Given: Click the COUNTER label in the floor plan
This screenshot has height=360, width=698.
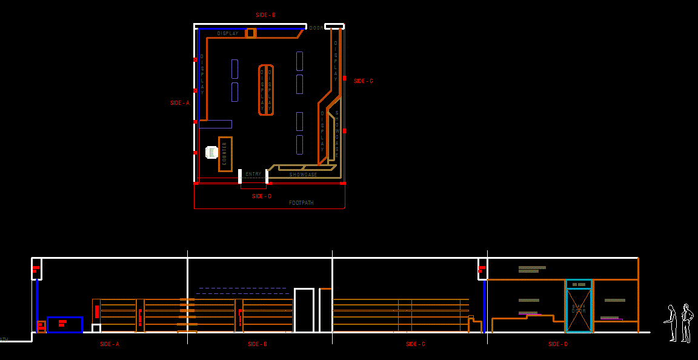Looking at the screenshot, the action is point(224,153).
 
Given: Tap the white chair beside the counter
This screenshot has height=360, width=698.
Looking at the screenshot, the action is point(211,152).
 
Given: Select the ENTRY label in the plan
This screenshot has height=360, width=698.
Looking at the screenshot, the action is point(253,175).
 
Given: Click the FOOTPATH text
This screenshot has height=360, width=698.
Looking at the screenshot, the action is point(301,203).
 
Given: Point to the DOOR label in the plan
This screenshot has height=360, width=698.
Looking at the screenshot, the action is point(316,28).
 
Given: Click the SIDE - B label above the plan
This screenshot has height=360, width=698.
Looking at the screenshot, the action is point(265,15).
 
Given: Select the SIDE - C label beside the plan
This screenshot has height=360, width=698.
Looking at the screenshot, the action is point(364,81).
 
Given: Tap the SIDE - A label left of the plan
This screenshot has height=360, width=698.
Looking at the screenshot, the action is point(180,103).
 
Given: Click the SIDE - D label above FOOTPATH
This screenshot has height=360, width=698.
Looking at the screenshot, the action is point(262,196).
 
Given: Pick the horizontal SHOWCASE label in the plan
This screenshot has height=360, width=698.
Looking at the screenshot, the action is point(303,175).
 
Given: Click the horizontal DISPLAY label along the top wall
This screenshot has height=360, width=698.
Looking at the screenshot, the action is point(228,34).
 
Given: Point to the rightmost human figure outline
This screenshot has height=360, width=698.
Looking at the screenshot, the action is point(686,322).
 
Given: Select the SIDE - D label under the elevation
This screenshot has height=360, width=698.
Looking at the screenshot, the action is point(558,344).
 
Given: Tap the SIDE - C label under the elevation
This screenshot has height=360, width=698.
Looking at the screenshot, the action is point(415,344).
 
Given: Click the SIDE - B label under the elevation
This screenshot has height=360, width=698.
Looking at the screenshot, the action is point(258,344).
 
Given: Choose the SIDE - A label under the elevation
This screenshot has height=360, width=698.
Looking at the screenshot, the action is point(110,344).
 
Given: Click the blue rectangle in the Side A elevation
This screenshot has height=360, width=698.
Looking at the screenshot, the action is point(65,324).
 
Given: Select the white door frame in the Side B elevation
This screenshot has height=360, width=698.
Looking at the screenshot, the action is point(304,310).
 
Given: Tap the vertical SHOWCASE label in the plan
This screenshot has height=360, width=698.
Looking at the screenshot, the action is point(337,134).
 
